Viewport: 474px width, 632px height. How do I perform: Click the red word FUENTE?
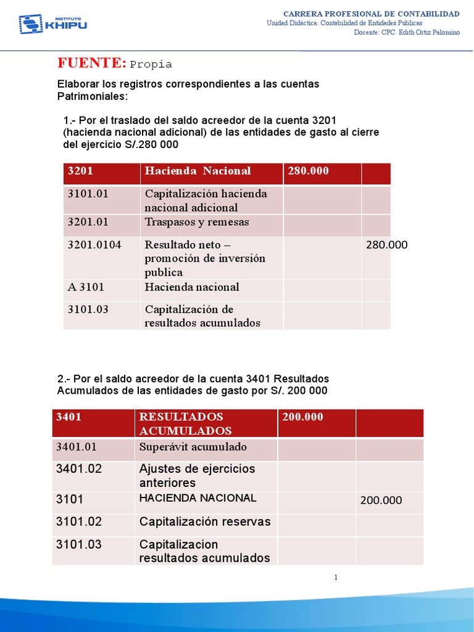click(92, 62)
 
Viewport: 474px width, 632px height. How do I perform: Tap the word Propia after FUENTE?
click(151, 64)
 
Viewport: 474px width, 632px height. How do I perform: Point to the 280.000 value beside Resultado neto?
click(387, 245)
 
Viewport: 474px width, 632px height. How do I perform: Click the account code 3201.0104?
click(94, 245)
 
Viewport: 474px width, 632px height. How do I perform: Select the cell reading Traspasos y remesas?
click(197, 222)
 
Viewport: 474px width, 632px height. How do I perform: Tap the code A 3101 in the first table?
click(83, 287)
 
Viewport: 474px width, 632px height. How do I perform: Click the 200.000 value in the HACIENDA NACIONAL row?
click(381, 501)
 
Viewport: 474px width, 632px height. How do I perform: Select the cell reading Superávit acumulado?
click(193, 447)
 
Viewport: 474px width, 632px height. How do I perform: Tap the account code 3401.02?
click(79, 469)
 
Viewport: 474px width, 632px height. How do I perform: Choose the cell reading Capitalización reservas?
click(205, 522)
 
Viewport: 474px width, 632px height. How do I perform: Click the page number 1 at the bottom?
click(336, 578)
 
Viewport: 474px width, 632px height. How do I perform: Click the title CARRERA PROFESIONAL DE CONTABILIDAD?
click(371, 14)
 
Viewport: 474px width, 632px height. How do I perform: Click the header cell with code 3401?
click(69, 417)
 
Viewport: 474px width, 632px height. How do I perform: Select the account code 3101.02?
click(79, 522)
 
